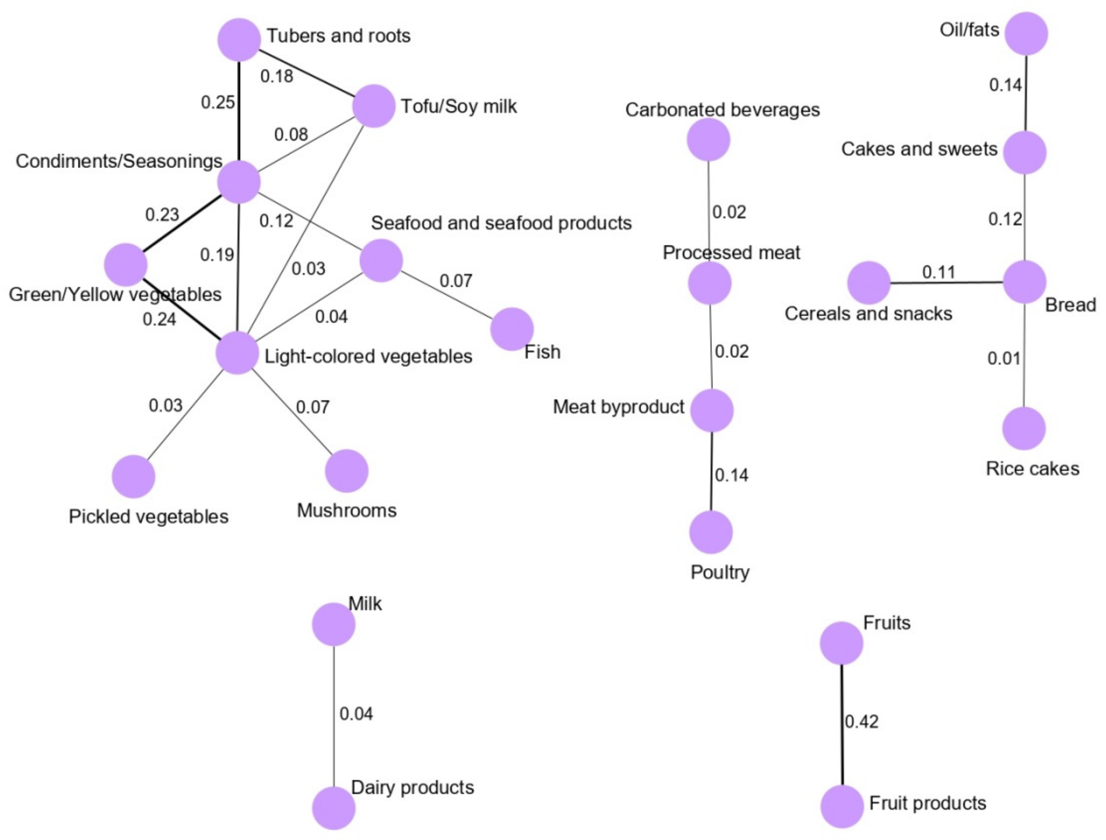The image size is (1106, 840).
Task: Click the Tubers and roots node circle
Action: coord(239,39)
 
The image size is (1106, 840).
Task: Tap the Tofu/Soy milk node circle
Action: coord(374,106)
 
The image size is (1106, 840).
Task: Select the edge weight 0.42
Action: coord(862,722)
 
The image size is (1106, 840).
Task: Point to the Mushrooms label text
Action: coord(347,511)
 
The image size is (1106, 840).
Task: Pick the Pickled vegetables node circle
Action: coord(133,477)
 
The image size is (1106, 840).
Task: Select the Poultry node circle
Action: coord(711,532)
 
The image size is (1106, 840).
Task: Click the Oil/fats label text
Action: coord(969,30)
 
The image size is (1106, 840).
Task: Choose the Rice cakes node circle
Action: coord(1024,428)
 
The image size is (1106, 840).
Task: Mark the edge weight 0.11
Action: coord(938,272)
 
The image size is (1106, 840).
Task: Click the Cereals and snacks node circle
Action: coord(869,283)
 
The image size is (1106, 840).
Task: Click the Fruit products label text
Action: coord(927,803)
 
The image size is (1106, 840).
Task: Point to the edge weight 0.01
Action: coord(1003,359)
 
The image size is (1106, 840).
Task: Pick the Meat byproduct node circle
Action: coord(712,411)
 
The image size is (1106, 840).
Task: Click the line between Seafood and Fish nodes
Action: coord(446,295)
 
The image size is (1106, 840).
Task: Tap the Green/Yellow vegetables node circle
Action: coord(126,265)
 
